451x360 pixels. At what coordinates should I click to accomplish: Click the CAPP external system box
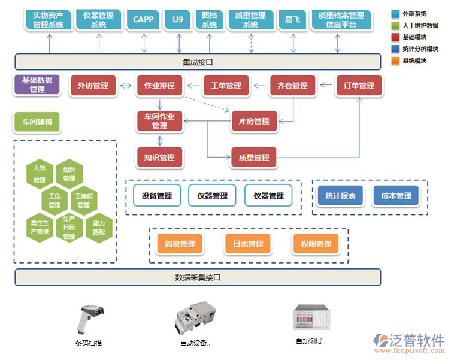(x=143, y=19)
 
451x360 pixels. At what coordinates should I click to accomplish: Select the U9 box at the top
(x=178, y=19)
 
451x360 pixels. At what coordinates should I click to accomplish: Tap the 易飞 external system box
(x=293, y=19)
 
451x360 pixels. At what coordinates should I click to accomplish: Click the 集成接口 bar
(x=198, y=62)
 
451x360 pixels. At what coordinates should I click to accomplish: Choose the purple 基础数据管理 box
(x=37, y=85)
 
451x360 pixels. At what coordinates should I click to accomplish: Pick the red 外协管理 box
(x=93, y=86)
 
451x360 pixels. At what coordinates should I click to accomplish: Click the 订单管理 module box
(x=359, y=86)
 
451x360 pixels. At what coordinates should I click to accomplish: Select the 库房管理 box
(x=254, y=122)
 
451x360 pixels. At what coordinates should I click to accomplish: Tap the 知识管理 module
(x=159, y=158)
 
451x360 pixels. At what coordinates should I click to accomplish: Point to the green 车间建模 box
(x=37, y=122)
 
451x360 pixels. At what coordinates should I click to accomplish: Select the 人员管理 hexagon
(x=40, y=174)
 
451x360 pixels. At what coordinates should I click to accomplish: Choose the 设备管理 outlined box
(x=157, y=196)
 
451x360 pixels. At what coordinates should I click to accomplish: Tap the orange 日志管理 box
(x=248, y=244)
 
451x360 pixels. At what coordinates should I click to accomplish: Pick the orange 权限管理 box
(x=316, y=244)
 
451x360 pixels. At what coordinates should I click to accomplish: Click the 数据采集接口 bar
(x=198, y=277)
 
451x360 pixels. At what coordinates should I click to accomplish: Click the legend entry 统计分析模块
(x=420, y=49)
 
